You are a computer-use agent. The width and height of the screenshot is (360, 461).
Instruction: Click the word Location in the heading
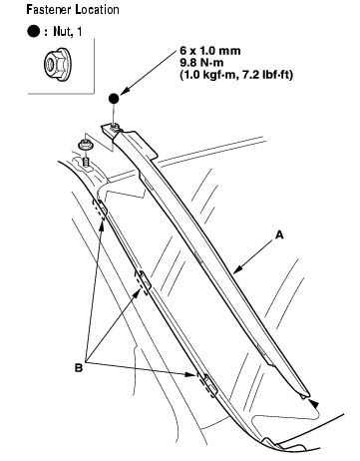[97, 9]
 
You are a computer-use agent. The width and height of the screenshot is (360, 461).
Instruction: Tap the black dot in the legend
[34, 31]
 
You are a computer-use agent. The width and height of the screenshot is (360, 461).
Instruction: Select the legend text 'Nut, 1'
[68, 32]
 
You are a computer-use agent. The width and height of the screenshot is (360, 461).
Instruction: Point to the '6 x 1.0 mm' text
[210, 51]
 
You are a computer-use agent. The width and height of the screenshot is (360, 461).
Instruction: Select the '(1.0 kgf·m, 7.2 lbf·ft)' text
[236, 75]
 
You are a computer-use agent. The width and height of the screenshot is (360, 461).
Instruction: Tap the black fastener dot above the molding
[114, 99]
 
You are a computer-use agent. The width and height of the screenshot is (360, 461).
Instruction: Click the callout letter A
[279, 234]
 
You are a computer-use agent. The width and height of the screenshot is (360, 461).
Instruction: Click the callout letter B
[79, 368]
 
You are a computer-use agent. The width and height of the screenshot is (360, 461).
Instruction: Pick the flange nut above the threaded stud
[85, 145]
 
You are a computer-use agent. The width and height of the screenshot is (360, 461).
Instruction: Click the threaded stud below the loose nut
[85, 163]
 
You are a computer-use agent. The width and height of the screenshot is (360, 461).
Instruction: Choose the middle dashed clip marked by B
[143, 282]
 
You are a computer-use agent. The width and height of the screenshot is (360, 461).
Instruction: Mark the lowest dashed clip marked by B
[207, 384]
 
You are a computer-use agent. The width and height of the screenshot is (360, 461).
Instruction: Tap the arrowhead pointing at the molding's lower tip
[314, 403]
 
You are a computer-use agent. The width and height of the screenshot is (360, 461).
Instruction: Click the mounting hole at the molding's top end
[114, 126]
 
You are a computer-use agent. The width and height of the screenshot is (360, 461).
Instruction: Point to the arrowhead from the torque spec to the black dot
[125, 91]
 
